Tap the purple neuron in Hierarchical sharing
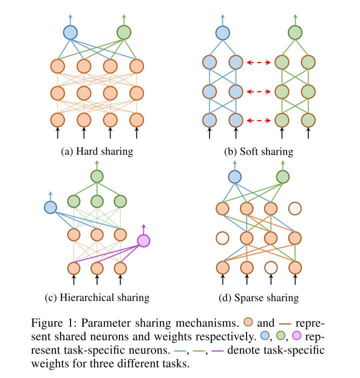coord(143,240)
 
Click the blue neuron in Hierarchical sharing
coord(50,207)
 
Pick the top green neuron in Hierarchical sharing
coord(96,176)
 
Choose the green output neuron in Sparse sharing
coord(283,176)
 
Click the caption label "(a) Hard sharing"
coord(95,150)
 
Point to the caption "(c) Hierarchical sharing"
coord(97,297)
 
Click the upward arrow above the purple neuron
coord(144,228)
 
